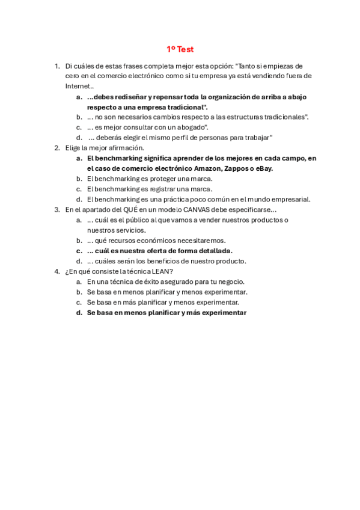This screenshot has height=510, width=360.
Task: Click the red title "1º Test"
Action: [x=180, y=49]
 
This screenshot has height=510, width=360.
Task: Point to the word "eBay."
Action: [x=262, y=168]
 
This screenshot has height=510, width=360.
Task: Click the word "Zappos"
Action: [x=236, y=168]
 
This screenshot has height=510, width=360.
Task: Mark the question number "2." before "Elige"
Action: [x=57, y=148]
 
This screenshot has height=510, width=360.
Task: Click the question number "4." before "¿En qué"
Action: [x=57, y=272]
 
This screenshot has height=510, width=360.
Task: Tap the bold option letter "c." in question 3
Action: [x=79, y=251]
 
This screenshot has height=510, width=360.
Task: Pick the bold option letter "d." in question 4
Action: [x=79, y=313]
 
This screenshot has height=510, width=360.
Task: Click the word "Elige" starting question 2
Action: [x=73, y=148]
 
